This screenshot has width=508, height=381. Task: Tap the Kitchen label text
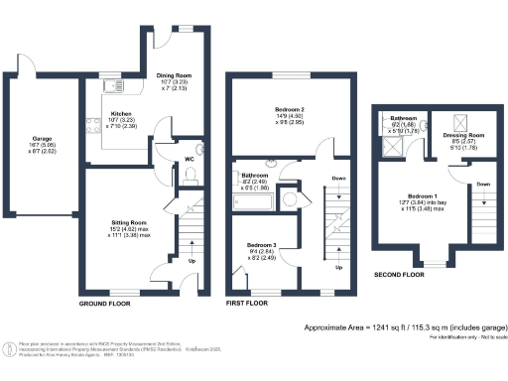(x=121, y=114)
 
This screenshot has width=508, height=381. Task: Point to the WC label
(x=188, y=158)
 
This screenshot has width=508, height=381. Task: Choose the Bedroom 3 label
(x=261, y=245)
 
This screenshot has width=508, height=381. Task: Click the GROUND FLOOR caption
(x=104, y=302)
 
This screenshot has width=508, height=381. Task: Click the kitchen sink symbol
(x=110, y=100)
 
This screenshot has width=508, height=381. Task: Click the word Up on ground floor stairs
(x=190, y=263)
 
